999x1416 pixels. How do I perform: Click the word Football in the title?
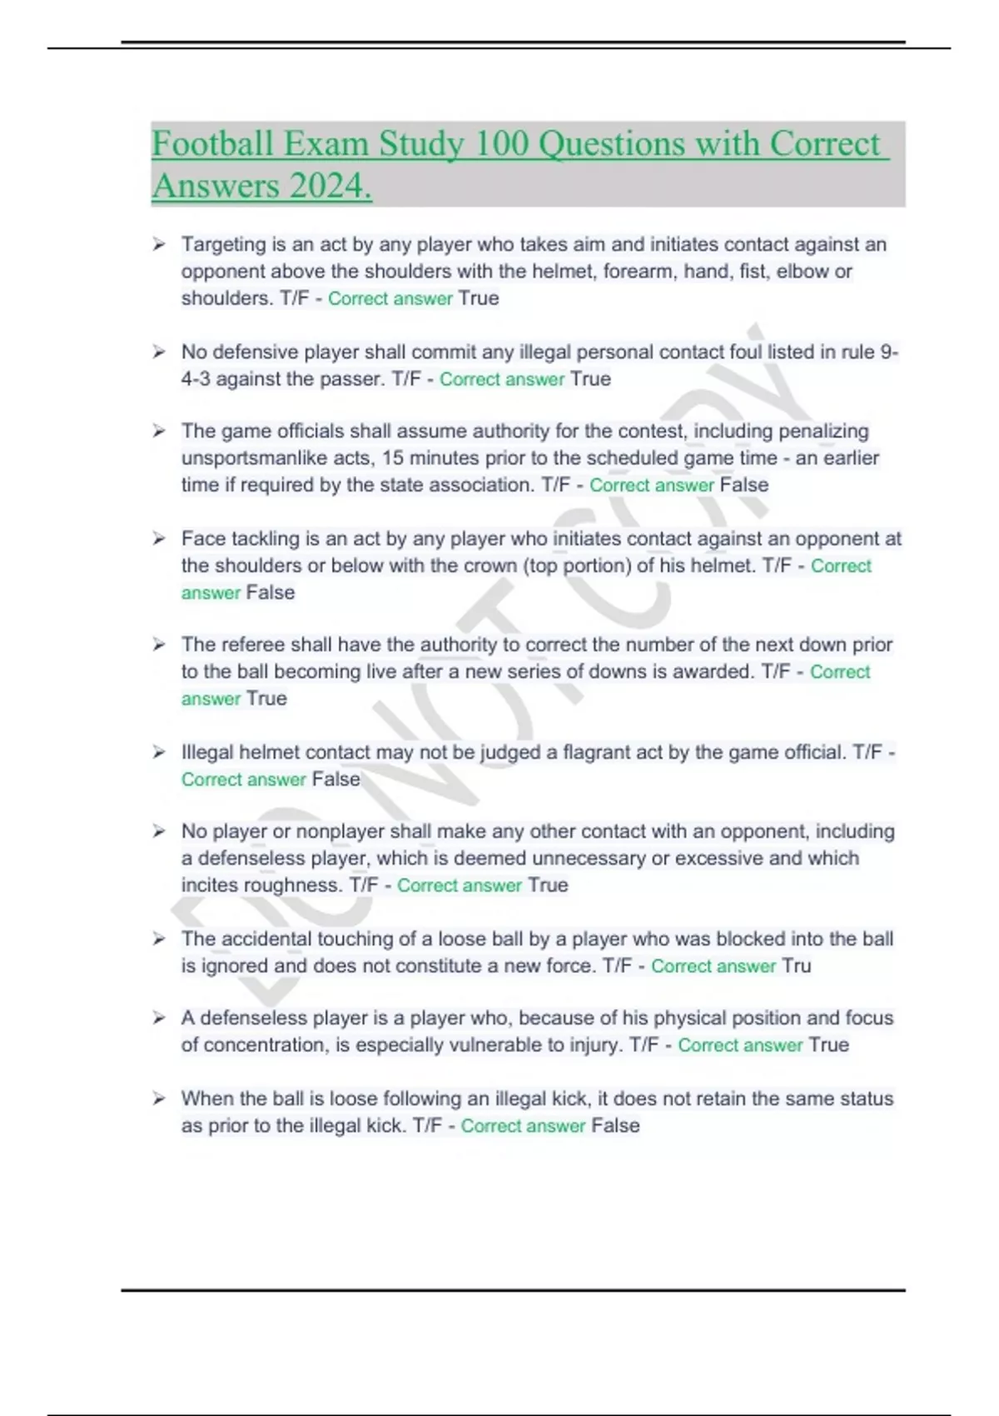click(212, 144)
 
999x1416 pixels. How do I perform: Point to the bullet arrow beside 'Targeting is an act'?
click(158, 244)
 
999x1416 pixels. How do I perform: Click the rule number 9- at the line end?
click(889, 352)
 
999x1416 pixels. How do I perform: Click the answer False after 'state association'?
click(743, 485)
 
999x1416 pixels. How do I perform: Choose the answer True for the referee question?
click(266, 698)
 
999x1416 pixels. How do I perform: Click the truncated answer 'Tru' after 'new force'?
click(796, 965)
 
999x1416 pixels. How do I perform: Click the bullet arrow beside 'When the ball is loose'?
click(158, 1099)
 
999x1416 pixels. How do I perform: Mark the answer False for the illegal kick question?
click(615, 1125)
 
